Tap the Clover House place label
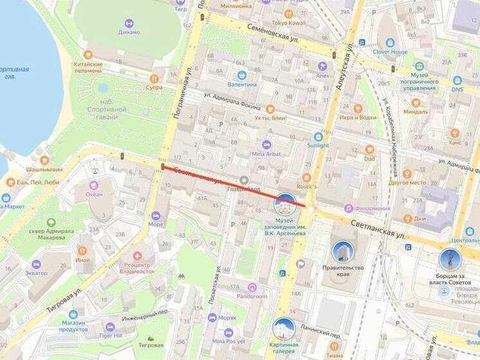(391, 52)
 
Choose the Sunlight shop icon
(318, 137)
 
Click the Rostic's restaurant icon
(306, 177)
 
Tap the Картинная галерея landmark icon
(283, 328)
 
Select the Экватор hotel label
(36, 273)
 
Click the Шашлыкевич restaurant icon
(44, 160)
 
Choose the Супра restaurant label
(154, 86)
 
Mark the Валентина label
(243, 84)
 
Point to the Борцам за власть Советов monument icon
(450, 260)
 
